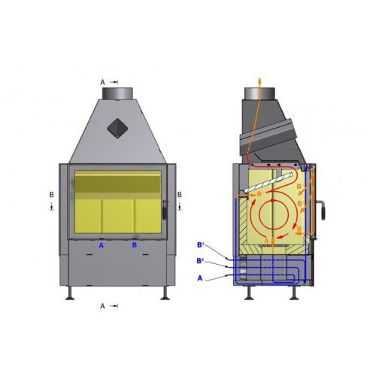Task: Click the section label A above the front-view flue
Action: point(102,82)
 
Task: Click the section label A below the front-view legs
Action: point(102,306)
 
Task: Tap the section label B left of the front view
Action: point(52,195)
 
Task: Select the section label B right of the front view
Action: point(180,195)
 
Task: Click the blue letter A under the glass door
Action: point(102,245)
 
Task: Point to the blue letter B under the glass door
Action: point(135,245)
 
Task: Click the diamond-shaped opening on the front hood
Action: point(117,128)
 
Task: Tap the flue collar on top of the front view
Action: point(117,92)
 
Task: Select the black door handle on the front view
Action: point(165,211)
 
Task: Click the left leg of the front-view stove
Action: point(71,293)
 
